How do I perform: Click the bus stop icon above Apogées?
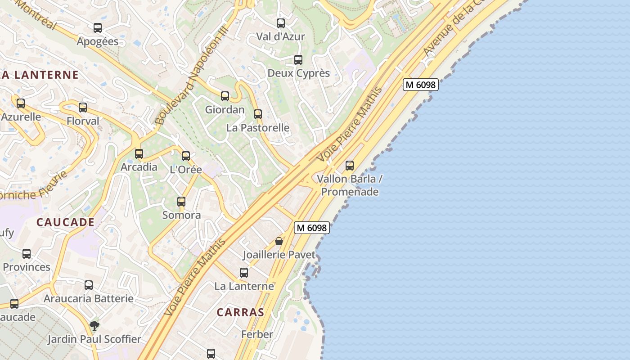(98, 28)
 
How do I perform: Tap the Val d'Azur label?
(280, 36)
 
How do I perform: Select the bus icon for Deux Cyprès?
(298, 60)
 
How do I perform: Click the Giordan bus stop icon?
(225, 96)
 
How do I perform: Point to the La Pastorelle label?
(258, 128)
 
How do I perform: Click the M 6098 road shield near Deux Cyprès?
(420, 85)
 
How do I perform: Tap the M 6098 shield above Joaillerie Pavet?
(312, 228)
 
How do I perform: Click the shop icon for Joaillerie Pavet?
(279, 241)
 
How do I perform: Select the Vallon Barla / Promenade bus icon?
(350, 166)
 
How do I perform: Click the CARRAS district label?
(240, 312)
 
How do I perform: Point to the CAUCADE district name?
(66, 222)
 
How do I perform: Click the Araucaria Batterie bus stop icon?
(89, 285)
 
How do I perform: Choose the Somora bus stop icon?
(181, 202)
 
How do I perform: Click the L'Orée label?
(186, 170)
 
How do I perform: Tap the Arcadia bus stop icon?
(139, 154)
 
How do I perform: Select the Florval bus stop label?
(83, 121)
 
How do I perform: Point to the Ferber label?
(257, 334)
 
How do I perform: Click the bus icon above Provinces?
(27, 254)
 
